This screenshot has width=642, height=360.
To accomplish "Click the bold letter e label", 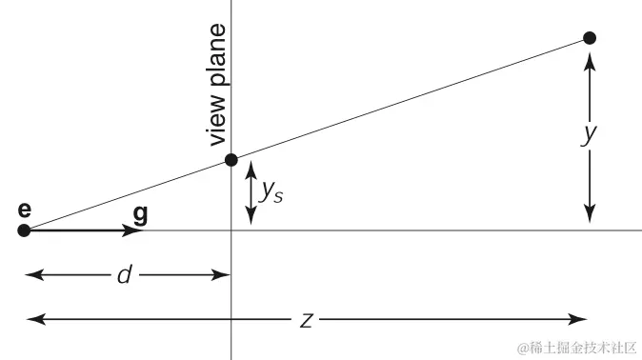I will [x=24, y=210].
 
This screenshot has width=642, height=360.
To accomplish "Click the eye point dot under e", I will [x=24, y=230].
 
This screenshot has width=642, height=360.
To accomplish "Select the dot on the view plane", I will [x=231, y=160].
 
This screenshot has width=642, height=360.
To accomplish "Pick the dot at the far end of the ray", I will [x=590, y=38].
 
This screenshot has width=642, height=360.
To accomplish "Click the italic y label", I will [x=590, y=134].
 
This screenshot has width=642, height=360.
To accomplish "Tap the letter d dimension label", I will [x=124, y=276].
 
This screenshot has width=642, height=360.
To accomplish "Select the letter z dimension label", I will [x=307, y=320].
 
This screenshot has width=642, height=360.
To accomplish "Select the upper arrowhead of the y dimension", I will [x=591, y=58].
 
